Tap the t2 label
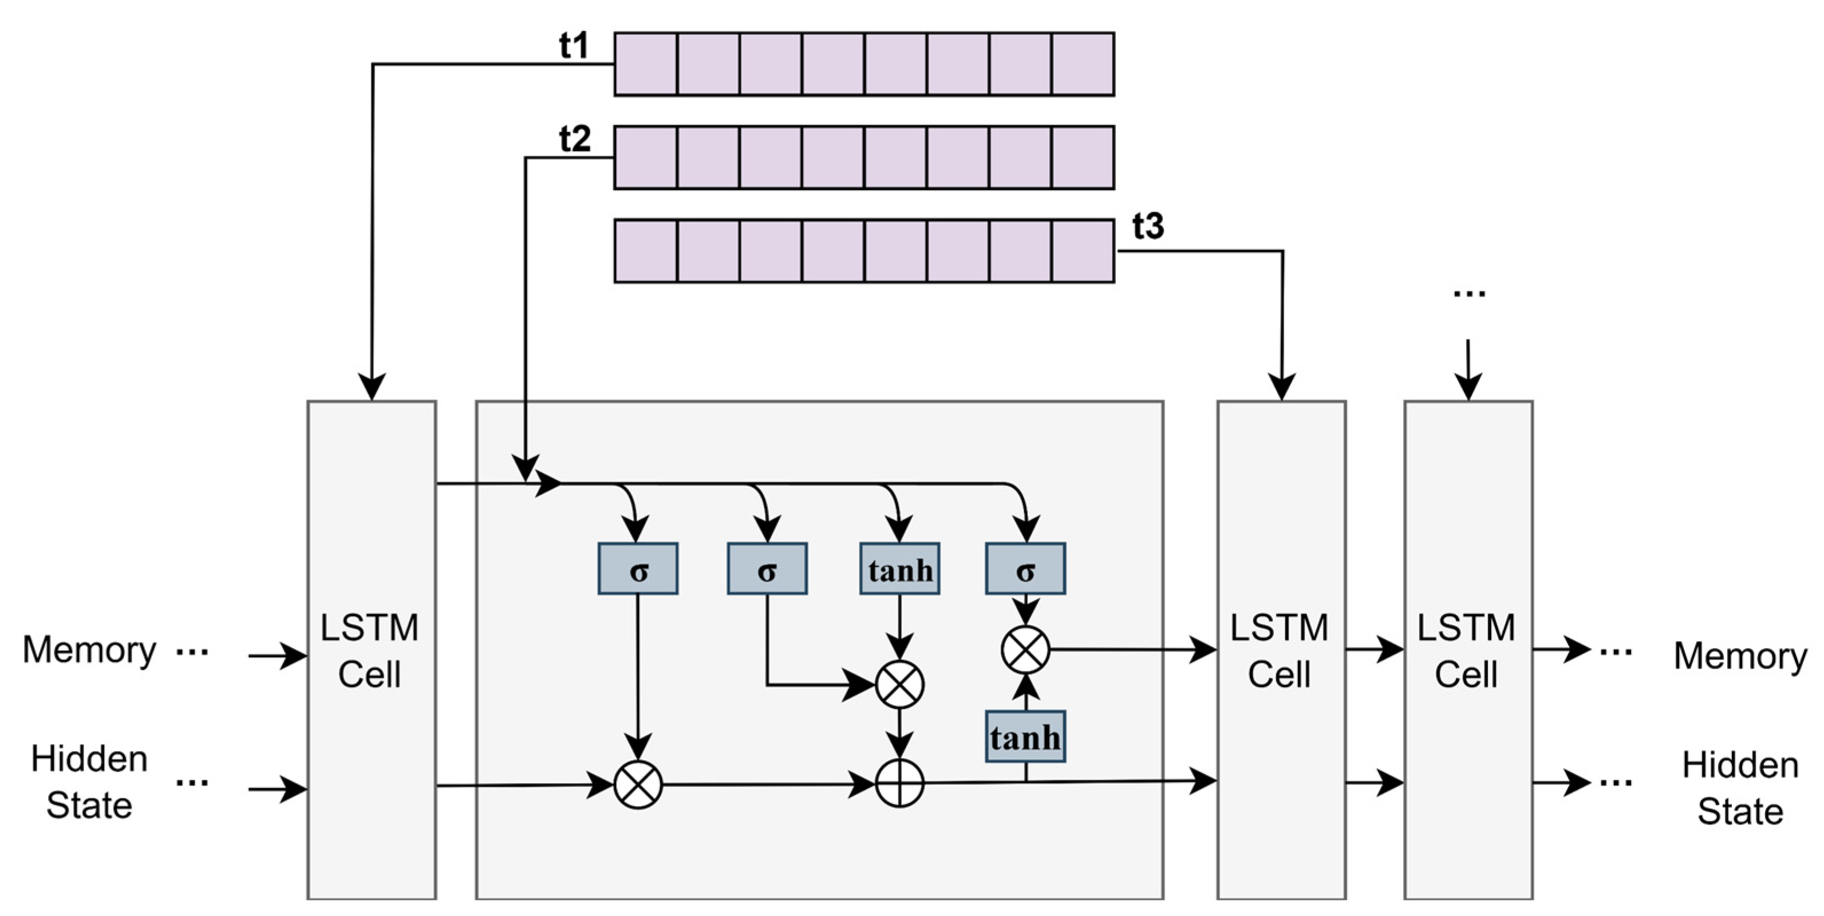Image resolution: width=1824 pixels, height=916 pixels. (x=574, y=140)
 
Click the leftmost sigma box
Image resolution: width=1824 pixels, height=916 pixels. (x=638, y=569)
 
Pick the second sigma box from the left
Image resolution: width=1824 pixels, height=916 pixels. (x=767, y=569)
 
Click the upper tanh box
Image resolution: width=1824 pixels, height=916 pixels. (x=900, y=569)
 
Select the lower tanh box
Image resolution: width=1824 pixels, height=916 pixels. (x=1025, y=737)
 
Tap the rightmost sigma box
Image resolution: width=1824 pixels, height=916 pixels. (x=1025, y=569)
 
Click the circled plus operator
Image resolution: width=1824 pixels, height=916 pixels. (x=899, y=784)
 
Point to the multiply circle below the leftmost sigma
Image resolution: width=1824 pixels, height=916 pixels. (x=638, y=784)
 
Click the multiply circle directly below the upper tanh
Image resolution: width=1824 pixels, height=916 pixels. (x=899, y=685)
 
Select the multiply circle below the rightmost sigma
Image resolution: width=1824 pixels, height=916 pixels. (x=1025, y=650)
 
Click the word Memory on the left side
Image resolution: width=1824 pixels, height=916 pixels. (x=89, y=650)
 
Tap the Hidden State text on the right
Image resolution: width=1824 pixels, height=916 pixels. (x=1740, y=788)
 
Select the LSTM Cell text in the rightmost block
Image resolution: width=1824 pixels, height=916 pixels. (x=1466, y=650)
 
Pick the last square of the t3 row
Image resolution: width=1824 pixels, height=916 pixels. (x=1083, y=251)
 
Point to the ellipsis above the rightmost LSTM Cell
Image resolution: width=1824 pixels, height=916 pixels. (x=1468, y=293)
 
